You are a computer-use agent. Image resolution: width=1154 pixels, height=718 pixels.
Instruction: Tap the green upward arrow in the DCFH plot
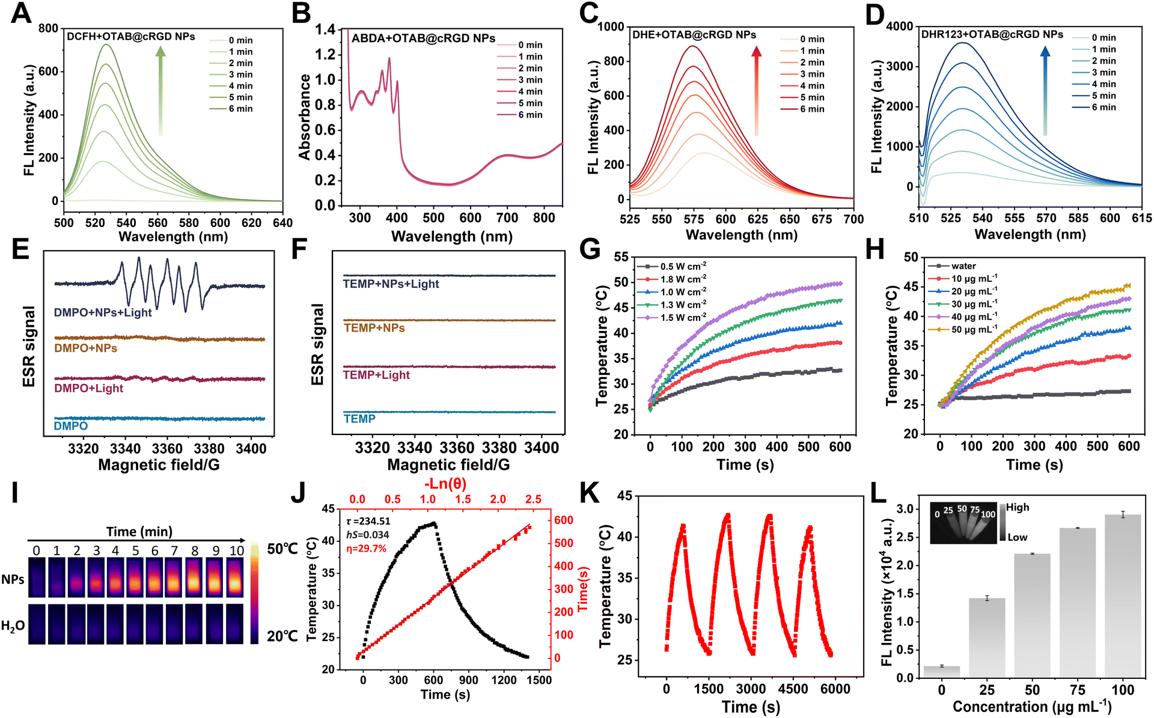click(160, 91)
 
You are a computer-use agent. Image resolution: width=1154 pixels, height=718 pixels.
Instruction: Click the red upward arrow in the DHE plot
click(756, 91)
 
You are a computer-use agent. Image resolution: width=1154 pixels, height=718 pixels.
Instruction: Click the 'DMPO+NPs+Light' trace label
click(103, 312)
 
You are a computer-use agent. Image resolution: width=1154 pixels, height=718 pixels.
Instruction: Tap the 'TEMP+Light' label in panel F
click(376, 375)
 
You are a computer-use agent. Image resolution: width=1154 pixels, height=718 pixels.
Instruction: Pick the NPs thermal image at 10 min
click(235, 577)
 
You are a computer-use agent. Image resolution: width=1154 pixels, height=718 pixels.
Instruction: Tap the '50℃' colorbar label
click(282, 549)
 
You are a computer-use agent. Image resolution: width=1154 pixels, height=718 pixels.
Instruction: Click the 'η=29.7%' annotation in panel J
click(366, 549)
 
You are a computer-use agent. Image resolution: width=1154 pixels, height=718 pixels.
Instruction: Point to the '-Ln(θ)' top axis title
click(445, 484)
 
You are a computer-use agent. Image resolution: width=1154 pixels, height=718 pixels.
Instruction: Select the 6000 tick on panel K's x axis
click(835, 689)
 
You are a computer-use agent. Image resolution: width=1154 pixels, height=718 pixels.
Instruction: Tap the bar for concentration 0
click(942, 672)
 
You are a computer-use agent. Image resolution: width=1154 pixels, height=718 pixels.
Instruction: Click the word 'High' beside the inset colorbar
click(1018, 507)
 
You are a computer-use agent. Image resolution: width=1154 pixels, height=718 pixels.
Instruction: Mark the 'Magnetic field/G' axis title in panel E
click(159, 465)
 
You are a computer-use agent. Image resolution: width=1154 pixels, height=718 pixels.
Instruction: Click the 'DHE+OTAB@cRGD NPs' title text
click(694, 35)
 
